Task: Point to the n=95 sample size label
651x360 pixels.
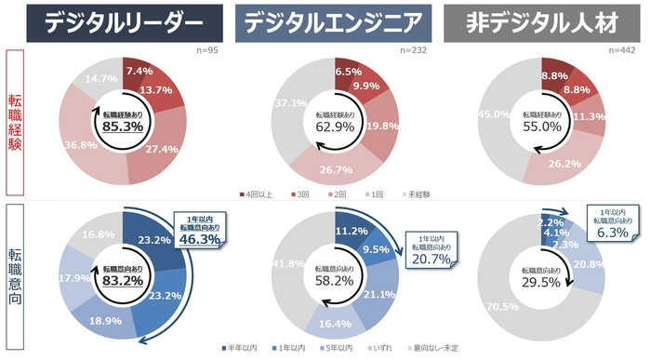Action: point(210,50)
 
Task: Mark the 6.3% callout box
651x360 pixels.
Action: point(613,220)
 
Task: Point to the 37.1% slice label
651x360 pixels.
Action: point(295,103)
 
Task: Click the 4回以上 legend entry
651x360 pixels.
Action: point(256,195)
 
